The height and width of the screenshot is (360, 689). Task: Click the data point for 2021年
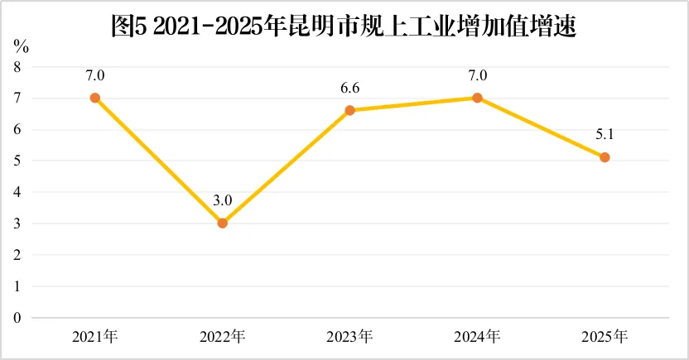pos(95,98)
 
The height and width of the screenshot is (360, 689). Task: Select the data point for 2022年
pos(222,223)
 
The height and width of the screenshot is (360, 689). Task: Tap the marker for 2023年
pos(349,110)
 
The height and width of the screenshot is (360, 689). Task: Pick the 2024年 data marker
pos(477,98)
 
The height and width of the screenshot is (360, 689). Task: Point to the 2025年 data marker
pos(605,157)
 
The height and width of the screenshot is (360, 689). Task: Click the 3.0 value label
pos(222,200)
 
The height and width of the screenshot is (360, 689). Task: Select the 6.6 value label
pos(349,89)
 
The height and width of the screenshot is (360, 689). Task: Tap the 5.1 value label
pos(605,135)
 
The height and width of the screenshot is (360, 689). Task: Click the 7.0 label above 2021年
pos(95,76)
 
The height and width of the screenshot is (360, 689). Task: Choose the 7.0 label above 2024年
pos(477,76)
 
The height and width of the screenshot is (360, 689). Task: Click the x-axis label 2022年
pos(222,337)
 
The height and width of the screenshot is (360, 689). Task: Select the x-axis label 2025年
pos(605,337)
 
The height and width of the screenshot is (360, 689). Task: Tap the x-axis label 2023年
pos(349,337)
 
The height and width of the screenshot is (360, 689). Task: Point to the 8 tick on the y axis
pos(17,67)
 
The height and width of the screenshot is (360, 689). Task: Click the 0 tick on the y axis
pos(17,318)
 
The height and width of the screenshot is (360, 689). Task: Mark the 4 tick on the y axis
pos(17,192)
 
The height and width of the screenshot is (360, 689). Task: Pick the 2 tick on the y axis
pos(17,255)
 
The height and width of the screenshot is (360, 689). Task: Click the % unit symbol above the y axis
pos(21,46)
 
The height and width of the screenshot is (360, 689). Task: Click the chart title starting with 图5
pos(344,26)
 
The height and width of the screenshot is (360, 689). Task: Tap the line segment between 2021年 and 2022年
pos(159,161)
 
